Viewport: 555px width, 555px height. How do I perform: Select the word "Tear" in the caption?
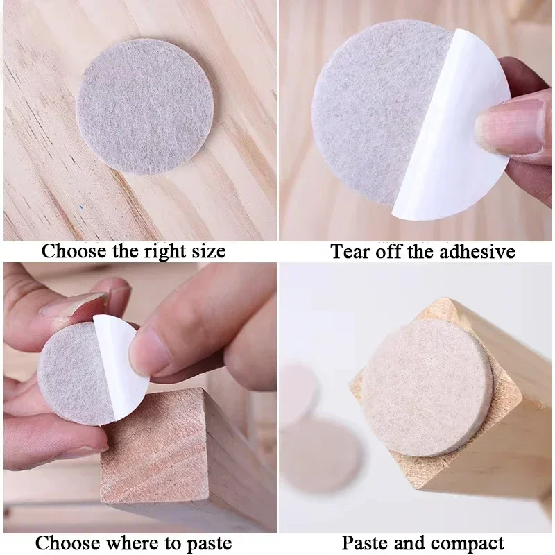point(351,250)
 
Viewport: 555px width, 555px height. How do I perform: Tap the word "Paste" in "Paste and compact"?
point(366,542)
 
